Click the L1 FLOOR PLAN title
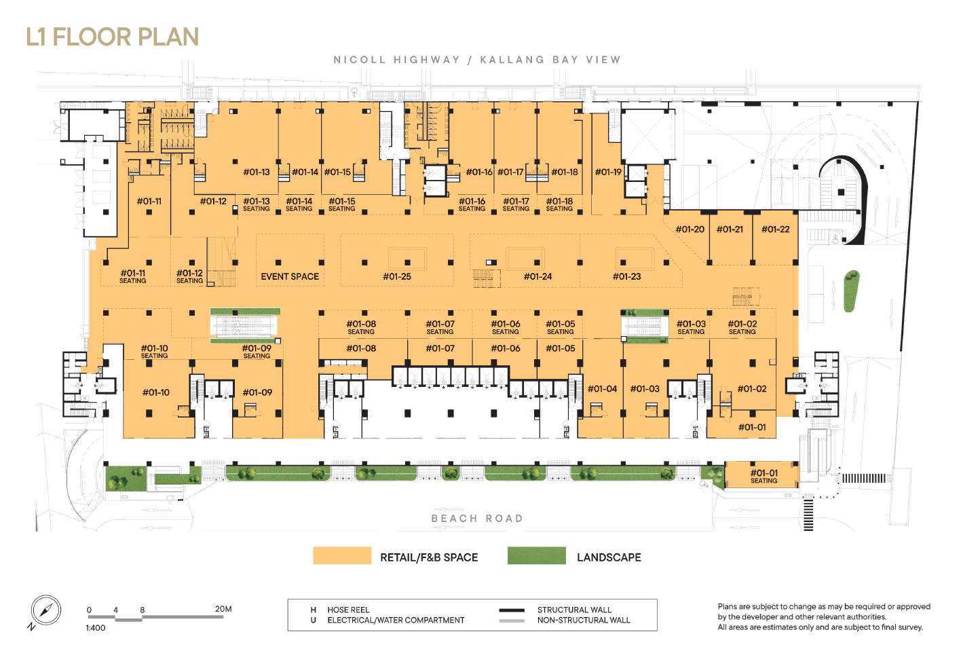click(113, 37)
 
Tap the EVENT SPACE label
click(290, 276)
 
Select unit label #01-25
click(397, 276)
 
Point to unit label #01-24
click(537, 276)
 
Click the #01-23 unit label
click(626, 276)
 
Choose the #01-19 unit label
click(608, 172)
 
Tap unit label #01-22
click(776, 229)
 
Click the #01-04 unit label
click(603, 389)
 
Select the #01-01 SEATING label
click(764, 477)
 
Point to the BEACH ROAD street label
click(477, 519)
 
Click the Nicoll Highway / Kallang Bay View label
click(477, 60)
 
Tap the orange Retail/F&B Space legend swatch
click(342, 555)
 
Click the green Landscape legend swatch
click(537, 555)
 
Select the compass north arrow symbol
click(46, 610)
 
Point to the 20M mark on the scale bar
click(223, 609)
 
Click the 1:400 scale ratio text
click(96, 628)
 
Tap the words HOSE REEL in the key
click(348, 610)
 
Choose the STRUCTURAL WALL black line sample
click(512, 610)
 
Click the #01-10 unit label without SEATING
click(155, 392)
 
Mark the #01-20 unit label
click(690, 229)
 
